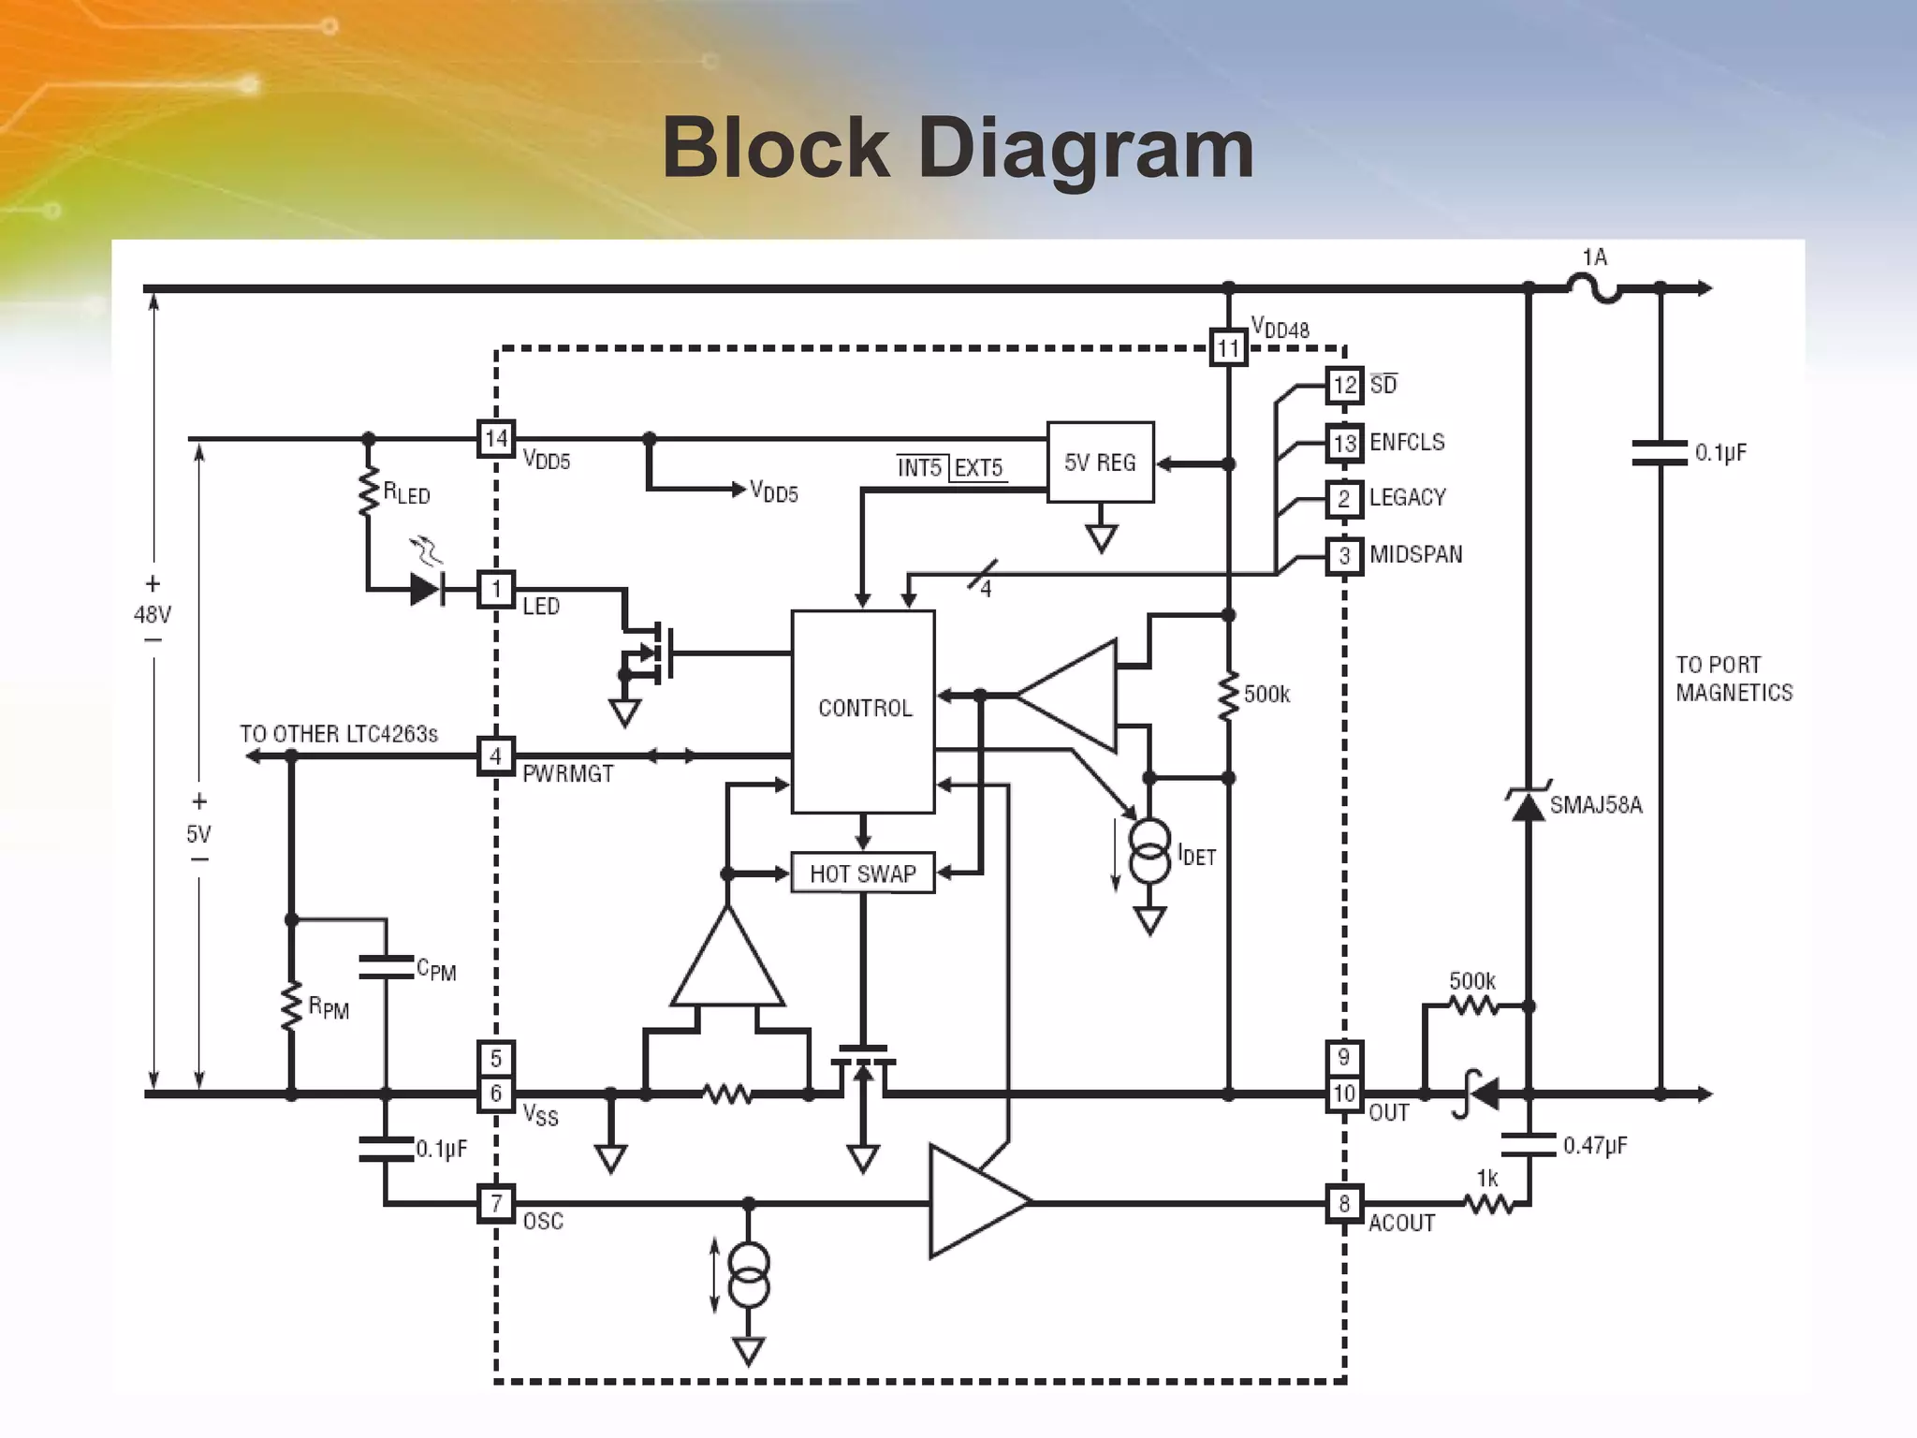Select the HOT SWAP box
click(863, 873)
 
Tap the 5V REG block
click(1100, 462)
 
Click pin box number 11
click(1228, 349)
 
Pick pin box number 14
click(496, 437)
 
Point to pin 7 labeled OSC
click(496, 1203)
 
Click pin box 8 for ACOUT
click(1344, 1203)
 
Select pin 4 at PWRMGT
click(496, 756)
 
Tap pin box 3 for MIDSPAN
click(1344, 555)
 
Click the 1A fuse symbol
click(1594, 288)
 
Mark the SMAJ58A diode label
click(1596, 805)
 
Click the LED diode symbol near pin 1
click(427, 589)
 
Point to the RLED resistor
click(369, 492)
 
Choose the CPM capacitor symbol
click(386, 967)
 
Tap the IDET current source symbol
click(1149, 851)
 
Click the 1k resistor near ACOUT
click(1488, 1204)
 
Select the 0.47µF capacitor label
click(1595, 1145)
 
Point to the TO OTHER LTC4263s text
click(339, 734)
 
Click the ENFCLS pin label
click(1407, 442)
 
